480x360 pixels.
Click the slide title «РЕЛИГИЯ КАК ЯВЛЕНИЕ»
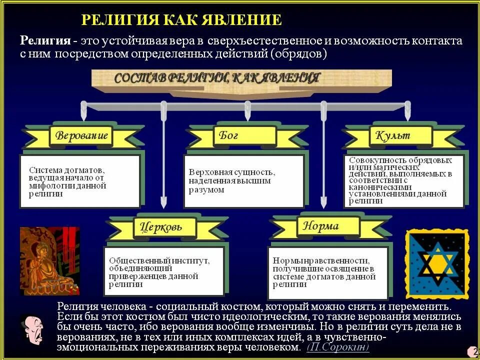click(x=181, y=20)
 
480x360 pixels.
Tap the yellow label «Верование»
click(x=81, y=135)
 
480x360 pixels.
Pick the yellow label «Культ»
click(x=394, y=135)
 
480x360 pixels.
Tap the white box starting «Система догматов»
click(x=80, y=181)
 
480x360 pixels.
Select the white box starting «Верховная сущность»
click(x=243, y=181)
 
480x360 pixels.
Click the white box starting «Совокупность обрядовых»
click(x=404, y=180)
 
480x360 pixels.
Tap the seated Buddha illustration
click(x=49, y=260)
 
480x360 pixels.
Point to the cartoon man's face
click(x=32, y=329)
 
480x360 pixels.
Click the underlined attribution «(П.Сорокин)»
click(x=338, y=346)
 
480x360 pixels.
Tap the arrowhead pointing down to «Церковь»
click(x=163, y=203)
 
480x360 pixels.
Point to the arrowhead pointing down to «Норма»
click(x=324, y=203)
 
